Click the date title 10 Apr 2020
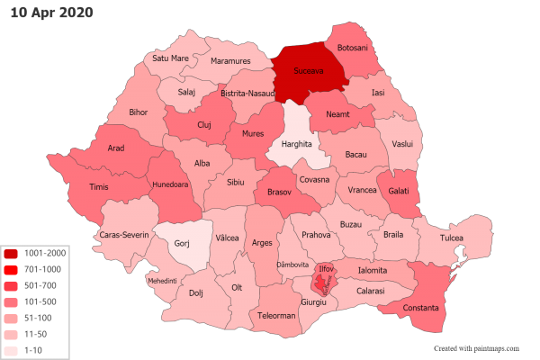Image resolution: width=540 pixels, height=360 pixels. pyautogui.click(x=52, y=13)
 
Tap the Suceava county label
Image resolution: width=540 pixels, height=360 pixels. pyautogui.click(x=309, y=70)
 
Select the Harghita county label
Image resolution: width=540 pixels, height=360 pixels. pyautogui.click(x=296, y=143)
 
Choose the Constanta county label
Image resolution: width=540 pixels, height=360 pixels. pyautogui.click(x=421, y=309)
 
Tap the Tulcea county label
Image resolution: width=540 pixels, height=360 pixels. pyautogui.click(x=451, y=238)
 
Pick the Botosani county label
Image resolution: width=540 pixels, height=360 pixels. pyautogui.click(x=352, y=47)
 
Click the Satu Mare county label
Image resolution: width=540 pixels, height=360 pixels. pyautogui.click(x=170, y=58)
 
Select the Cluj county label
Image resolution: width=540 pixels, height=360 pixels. pyautogui.click(x=203, y=125)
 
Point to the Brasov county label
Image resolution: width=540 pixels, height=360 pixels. pyautogui.click(x=280, y=192)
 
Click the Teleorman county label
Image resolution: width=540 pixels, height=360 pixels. pyautogui.click(x=276, y=316)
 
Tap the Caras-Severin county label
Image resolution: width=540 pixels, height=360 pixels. pyautogui.click(x=123, y=235)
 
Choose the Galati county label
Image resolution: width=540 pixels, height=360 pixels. pyautogui.click(x=400, y=190)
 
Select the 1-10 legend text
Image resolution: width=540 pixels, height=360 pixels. pyautogui.click(x=33, y=348)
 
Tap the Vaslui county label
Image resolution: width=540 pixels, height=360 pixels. pyautogui.click(x=402, y=143)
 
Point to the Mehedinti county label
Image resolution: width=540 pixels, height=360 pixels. pyautogui.click(x=162, y=280)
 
